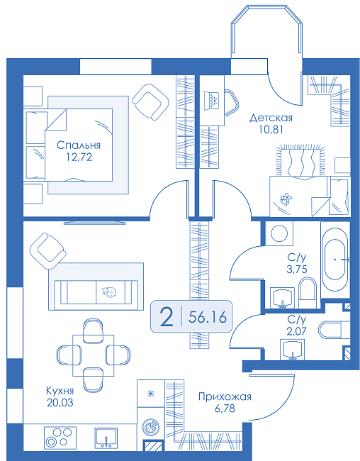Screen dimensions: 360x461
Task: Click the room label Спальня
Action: (79, 145)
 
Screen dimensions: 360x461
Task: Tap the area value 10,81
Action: (271, 129)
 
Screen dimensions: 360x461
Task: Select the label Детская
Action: (271, 118)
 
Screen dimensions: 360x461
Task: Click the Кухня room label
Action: (60, 391)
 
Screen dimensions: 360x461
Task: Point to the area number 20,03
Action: (60, 403)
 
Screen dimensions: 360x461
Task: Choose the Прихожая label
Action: (225, 397)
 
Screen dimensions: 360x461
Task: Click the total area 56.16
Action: (208, 317)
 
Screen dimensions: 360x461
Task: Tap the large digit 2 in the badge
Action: (167, 317)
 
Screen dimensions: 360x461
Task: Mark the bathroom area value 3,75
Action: (297, 269)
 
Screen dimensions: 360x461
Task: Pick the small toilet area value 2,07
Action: (297, 331)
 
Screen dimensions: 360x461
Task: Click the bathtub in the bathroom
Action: (335, 260)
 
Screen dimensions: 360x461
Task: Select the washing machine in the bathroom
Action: (279, 234)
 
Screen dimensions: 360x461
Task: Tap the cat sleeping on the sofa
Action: (108, 291)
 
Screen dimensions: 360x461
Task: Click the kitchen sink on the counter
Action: (106, 438)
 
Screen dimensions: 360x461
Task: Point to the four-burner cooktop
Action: (60, 438)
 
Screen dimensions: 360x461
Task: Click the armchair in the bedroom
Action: (150, 101)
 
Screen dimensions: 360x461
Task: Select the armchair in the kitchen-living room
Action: (48, 251)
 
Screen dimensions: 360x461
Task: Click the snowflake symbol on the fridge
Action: (151, 394)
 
